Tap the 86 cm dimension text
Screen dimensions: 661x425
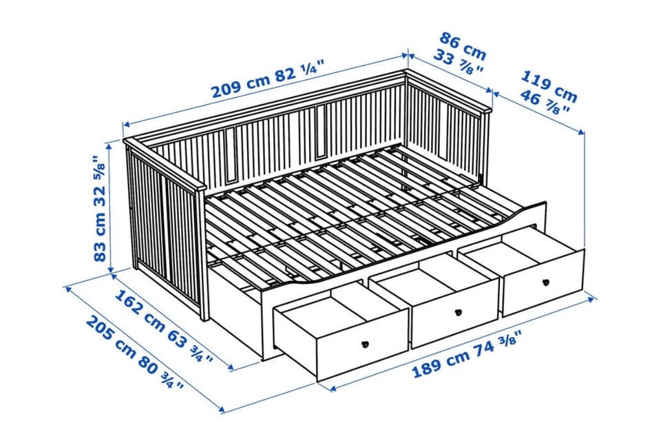click(463, 45)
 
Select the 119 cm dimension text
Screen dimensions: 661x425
click(549, 86)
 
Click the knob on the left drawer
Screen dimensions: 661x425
click(366, 343)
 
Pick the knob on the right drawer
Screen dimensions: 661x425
click(547, 282)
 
